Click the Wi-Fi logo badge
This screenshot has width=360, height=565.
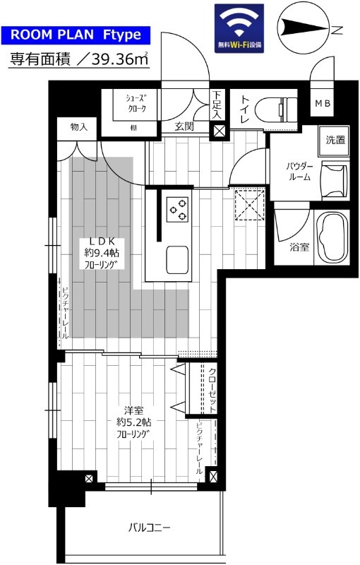239,28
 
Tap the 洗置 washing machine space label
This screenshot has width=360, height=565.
335,140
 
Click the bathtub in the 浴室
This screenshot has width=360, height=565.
332,237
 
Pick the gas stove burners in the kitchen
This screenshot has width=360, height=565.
176,208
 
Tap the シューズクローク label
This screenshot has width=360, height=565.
136,104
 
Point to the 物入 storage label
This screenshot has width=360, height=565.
78,127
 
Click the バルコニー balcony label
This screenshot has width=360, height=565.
149,527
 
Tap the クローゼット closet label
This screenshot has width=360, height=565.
212,388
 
